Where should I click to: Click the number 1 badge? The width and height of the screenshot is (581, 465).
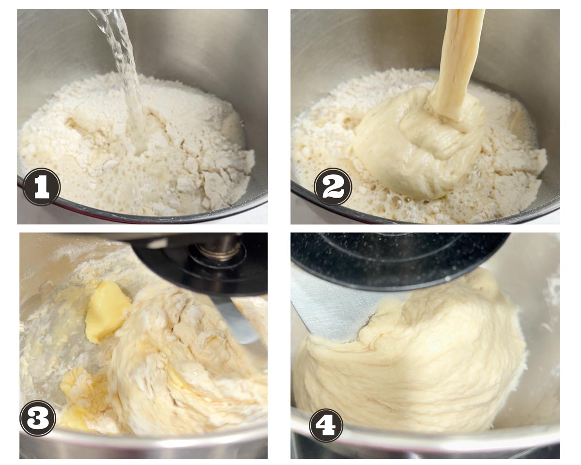coord(41,186)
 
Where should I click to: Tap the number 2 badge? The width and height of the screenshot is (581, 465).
coord(333,186)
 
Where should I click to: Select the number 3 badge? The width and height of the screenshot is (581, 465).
coord(38,418)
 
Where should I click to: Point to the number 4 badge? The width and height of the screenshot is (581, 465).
coord(326,425)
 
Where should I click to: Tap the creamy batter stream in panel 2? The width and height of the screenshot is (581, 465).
coord(456,62)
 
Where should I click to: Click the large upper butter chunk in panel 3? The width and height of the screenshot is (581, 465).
coord(107,310)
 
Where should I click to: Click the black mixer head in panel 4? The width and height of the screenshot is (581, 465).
coord(399,260)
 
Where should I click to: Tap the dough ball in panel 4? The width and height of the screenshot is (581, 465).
coord(413,359)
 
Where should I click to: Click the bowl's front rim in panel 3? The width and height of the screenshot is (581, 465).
coord(143,443)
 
